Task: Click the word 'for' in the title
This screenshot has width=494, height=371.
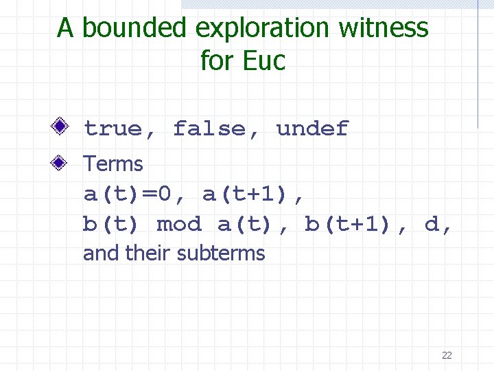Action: [x=217, y=60]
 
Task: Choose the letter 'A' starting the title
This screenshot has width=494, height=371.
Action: [x=65, y=28]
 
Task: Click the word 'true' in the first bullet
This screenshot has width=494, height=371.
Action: [x=113, y=128]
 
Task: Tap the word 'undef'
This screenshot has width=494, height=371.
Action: [x=312, y=128]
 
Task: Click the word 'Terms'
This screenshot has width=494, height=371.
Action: [x=113, y=164]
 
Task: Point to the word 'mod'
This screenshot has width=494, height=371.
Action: [x=179, y=225]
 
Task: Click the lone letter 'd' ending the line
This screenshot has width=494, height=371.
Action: [x=432, y=225]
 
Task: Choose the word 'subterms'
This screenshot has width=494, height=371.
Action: [x=220, y=254]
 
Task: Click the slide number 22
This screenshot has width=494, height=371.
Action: [x=447, y=355]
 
